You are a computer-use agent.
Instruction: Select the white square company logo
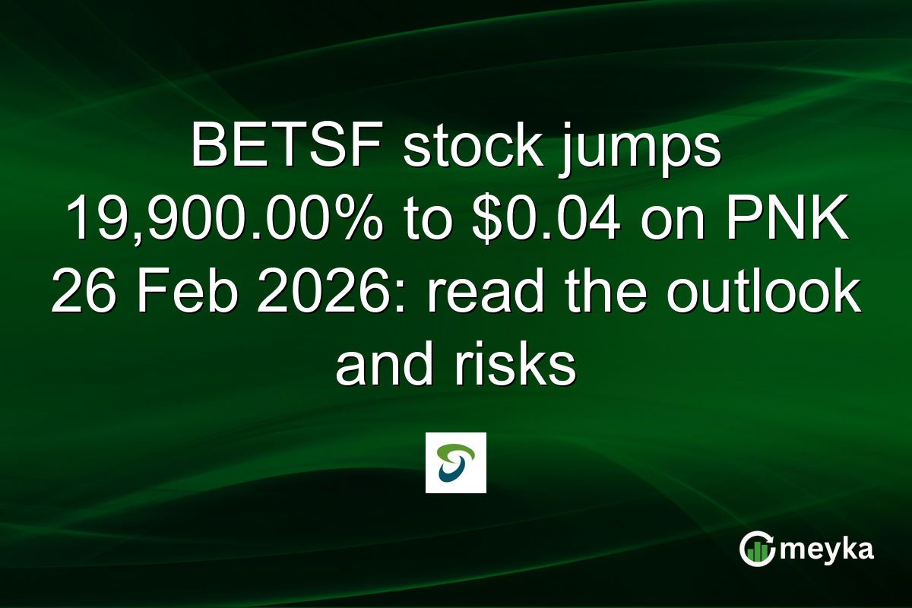pyautogui.click(x=455, y=463)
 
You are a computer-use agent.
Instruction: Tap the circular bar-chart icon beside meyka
pyautogui.click(x=756, y=549)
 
